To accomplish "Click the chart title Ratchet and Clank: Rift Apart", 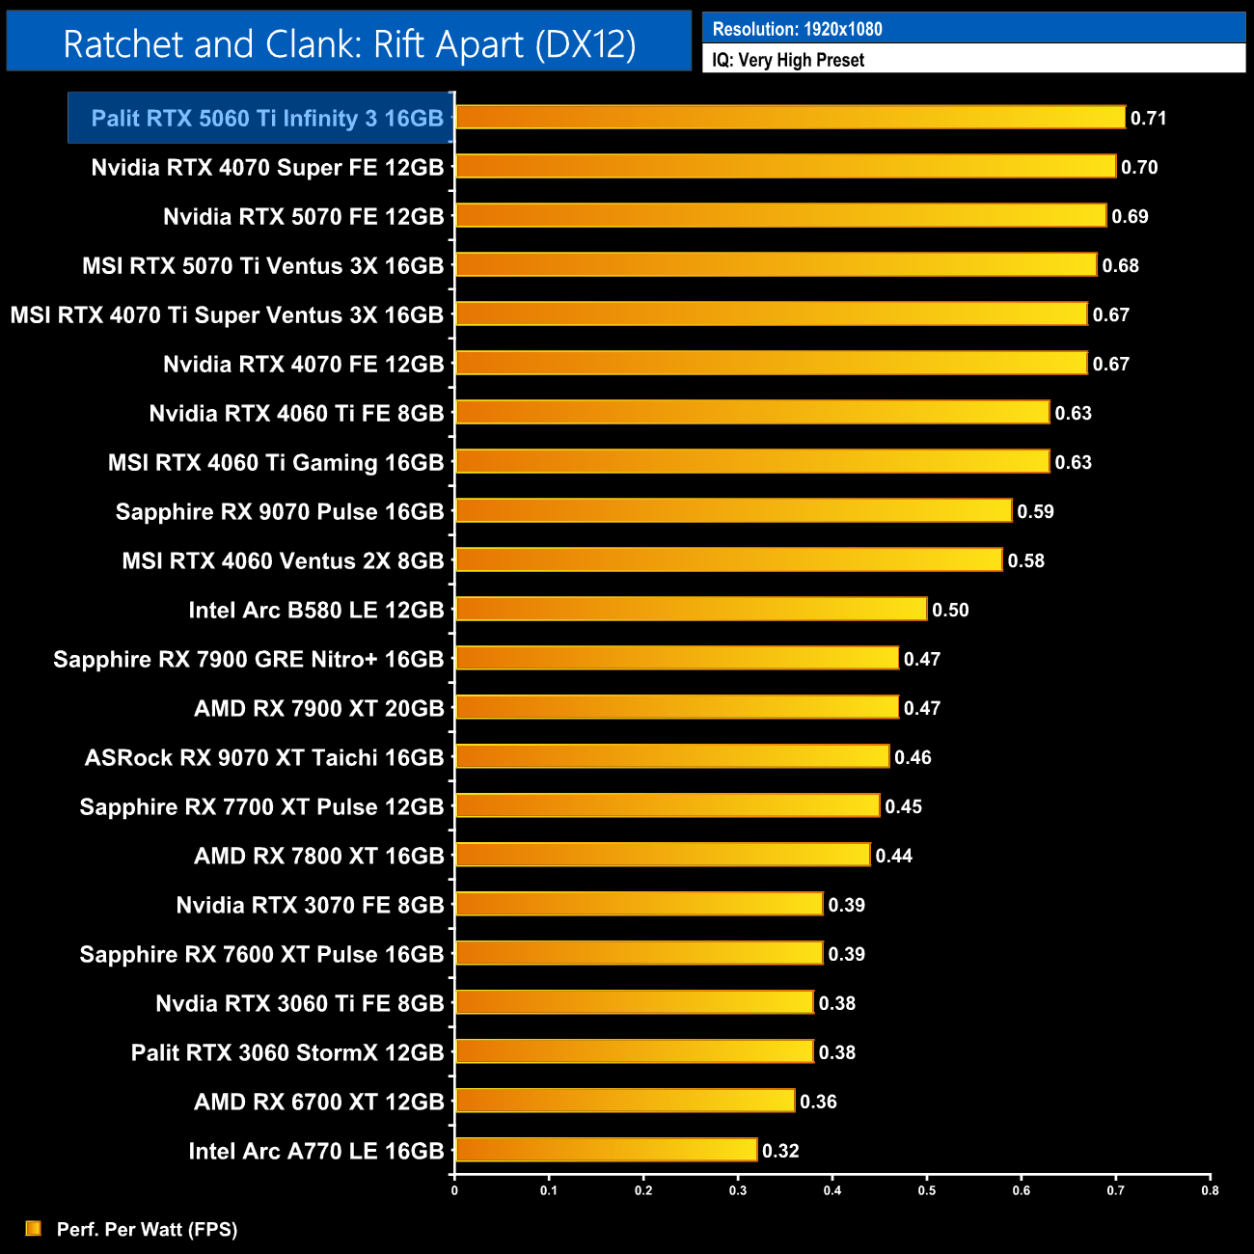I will pyautogui.click(x=349, y=44).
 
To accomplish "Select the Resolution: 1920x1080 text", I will pyautogui.click(x=797, y=29).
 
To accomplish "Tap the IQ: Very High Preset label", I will pyautogui.click(x=788, y=60).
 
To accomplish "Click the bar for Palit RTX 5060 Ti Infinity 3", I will pyautogui.click(x=790, y=118).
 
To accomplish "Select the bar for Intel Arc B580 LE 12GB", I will pyautogui.click(x=691, y=610).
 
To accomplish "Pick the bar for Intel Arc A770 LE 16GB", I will pyautogui.click(x=606, y=1150).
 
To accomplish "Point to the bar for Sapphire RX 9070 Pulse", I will pyautogui.click(x=733, y=511).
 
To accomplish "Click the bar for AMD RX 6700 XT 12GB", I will pyautogui.click(x=625, y=1101).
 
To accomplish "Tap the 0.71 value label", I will pyautogui.click(x=1148, y=118).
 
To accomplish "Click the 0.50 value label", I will pyautogui.click(x=950, y=610).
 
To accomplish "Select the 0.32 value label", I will pyautogui.click(x=780, y=1151).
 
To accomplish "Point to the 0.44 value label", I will pyautogui.click(x=893, y=856).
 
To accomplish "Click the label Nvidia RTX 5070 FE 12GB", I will pyautogui.click(x=303, y=217).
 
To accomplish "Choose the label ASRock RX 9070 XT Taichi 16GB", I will pyautogui.click(x=264, y=758).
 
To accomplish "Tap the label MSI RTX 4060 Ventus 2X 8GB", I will pyautogui.click(x=283, y=561).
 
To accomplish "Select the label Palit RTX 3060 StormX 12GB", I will pyautogui.click(x=287, y=1052).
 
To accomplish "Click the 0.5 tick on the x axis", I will pyautogui.click(x=927, y=1190).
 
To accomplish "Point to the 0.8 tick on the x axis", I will pyautogui.click(x=1210, y=1190).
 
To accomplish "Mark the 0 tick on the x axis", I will pyautogui.click(x=454, y=1190).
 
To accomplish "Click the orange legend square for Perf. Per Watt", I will pyautogui.click(x=34, y=1228).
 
